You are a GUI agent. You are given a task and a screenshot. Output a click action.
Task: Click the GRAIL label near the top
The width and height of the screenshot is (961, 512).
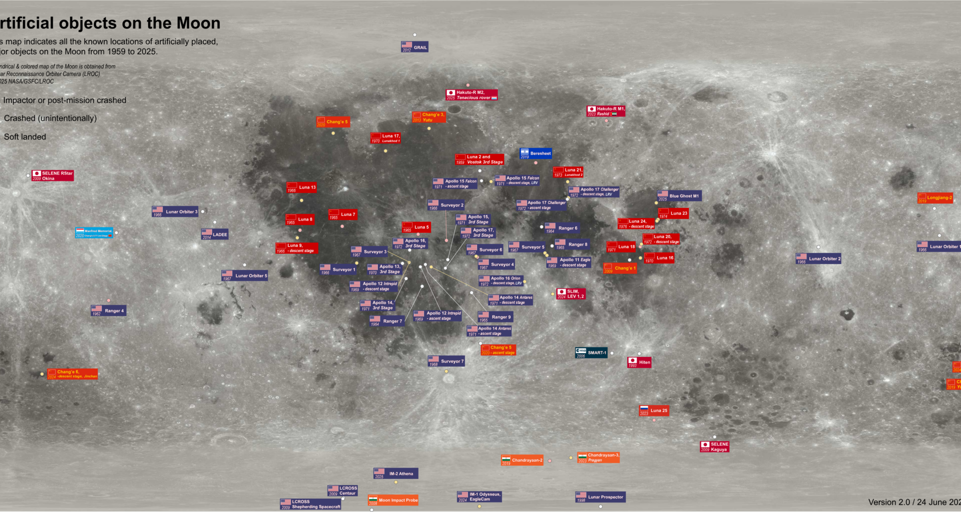pyautogui.click(x=415, y=47)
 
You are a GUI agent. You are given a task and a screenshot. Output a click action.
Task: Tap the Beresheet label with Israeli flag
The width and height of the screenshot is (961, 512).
pyautogui.click(x=536, y=153)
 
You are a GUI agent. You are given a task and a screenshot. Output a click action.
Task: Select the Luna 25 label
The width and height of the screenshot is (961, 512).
pyautogui.click(x=654, y=410)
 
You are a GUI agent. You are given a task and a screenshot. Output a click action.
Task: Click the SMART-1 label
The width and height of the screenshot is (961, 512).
pyautogui.click(x=591, y=353)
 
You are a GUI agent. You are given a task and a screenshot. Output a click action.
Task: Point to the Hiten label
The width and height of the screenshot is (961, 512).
pyautogui.click(x=640, y=362)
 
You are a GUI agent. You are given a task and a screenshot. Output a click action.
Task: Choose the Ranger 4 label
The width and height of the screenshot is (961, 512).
pyautogui.click(x=108, y=310)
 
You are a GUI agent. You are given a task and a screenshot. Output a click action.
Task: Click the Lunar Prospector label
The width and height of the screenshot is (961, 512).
pyautogui.click(x=600, y=497)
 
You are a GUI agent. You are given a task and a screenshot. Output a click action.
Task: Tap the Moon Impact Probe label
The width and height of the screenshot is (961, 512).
pyautogui.click(x=393, y=500)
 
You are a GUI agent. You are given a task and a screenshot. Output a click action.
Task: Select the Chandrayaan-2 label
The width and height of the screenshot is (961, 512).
pyautogui.click(x=522, y=460)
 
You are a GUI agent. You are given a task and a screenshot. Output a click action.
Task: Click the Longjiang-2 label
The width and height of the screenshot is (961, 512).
pyautogui.click(x=935, y=198)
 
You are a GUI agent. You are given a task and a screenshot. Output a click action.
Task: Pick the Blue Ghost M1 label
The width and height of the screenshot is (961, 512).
pyautogui.click(x=679, y=196)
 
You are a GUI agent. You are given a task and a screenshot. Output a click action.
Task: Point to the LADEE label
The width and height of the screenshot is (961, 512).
pyautogui.click(x=215, y=234)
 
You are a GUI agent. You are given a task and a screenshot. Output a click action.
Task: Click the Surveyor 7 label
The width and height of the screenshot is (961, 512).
pyautogui.click(x=446, y=361)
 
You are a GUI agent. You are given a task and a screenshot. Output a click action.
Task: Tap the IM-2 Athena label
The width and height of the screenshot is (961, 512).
pyautogui.click(x=395, y=473)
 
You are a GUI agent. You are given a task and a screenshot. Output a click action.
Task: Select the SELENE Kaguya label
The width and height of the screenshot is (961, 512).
pyautogui.click(x=714, y=446)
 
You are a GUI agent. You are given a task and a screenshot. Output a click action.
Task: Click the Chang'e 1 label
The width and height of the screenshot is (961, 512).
pyautogui.click(x=620, y=268)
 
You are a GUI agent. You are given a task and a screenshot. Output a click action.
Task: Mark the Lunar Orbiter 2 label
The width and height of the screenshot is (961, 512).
pyautogui.click(x=818, y=258)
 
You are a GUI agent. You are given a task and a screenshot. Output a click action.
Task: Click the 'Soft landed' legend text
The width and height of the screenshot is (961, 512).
pyautogui.click(x=25, y=137)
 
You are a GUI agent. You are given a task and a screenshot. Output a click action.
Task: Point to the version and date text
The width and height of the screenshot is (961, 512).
pyautogui.click(x=914, y=502)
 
